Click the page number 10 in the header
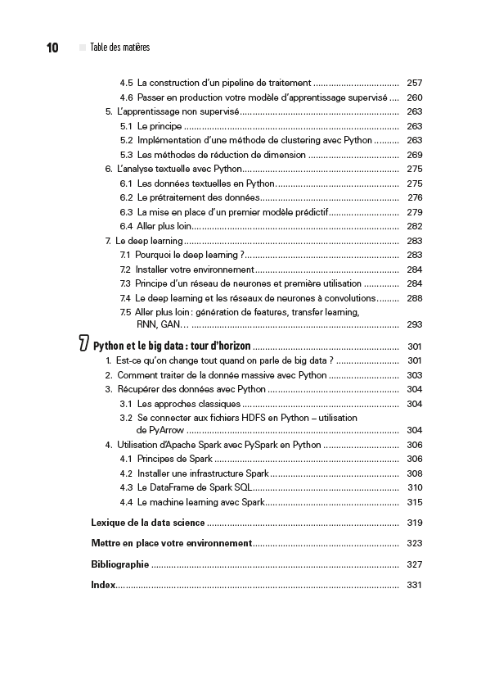pos(52,48)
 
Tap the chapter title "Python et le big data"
pos(172,346)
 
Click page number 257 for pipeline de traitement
pos(414,83)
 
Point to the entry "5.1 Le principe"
pos(151,126)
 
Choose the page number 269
pos(414,155)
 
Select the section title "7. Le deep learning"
pos(144,241)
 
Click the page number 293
pos(414,324)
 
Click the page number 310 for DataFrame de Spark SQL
pos(414,487)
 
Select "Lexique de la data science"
pos(147,523)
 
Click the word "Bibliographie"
pos(119,564)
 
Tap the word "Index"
pos(102,584)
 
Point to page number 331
pos(414,585)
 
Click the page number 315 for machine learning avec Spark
pos(414,502)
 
